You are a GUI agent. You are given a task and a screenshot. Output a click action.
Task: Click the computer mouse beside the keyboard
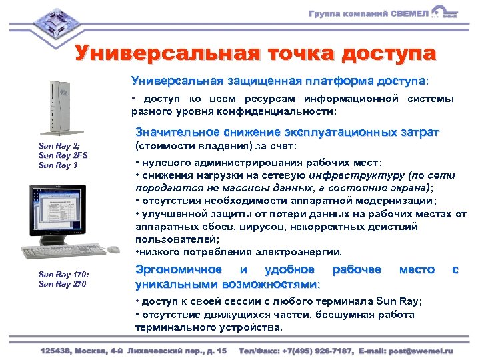[x=113, y=249]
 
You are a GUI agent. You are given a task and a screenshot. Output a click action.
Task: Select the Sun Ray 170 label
[x=64, y=275]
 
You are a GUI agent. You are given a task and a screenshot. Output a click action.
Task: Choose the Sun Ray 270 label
[x=63, y=284]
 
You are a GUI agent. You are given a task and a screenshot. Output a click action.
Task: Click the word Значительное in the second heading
[x=175, y=131]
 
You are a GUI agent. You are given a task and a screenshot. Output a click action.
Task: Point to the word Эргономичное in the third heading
[x=179, y=270]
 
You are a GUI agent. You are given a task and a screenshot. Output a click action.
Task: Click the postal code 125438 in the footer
[x=57, y=350]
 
